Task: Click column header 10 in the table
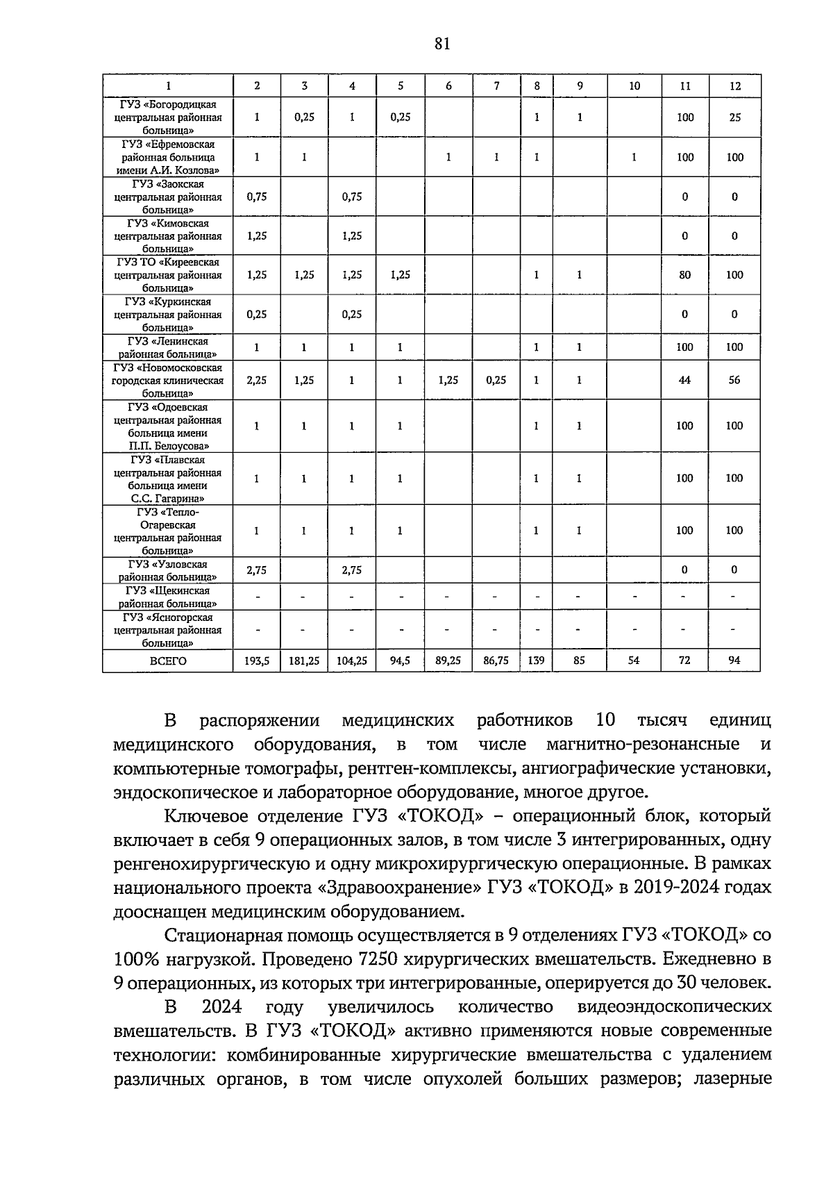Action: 634,86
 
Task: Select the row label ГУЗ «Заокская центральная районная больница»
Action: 168,197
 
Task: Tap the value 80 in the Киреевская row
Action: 684,275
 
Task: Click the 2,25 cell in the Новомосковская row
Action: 257,380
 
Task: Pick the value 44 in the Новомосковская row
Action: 684,380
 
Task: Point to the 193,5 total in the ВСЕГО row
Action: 257,661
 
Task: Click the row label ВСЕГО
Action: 168,661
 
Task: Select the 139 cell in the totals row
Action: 536,661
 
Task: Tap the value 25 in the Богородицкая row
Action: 734,117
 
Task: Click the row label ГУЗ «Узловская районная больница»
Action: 168,570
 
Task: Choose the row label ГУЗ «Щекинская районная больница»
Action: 168,597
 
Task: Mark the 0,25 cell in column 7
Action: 496,380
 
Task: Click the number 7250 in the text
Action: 374,959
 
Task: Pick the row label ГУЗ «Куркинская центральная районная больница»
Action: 168,315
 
